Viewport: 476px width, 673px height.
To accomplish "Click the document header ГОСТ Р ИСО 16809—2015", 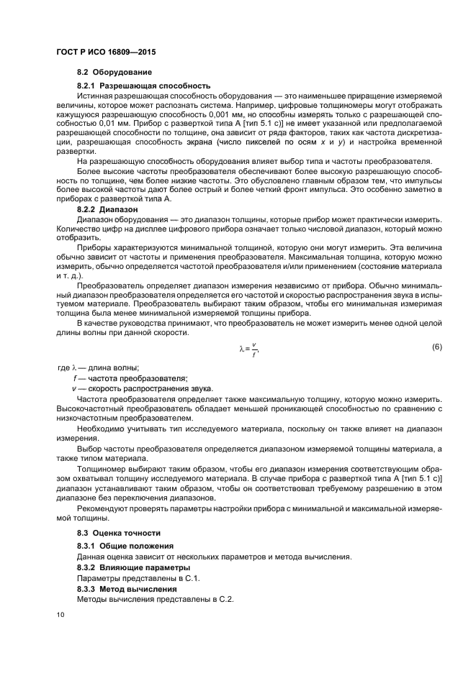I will point(106,53).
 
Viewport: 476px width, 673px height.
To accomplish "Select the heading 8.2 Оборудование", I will point(114,73).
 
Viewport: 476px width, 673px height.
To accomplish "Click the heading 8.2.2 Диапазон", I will point(109,207).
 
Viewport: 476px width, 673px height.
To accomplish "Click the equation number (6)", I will point(436,347).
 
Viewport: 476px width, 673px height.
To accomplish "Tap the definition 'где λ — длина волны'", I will point(98,368).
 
